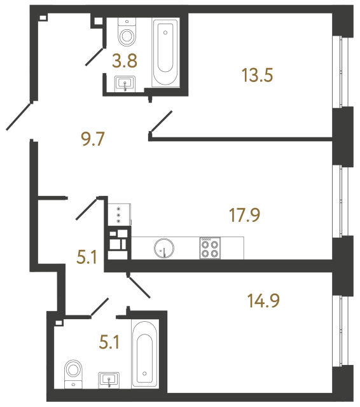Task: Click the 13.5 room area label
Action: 258,76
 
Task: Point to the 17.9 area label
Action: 245,215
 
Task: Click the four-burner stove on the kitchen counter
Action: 209,247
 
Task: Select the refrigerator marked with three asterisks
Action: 119,214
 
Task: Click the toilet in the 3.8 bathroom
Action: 128,33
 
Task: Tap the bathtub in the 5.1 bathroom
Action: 146,353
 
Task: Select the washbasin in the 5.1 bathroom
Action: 110,380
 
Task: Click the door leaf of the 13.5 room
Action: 160,122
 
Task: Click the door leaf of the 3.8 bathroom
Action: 97,55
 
